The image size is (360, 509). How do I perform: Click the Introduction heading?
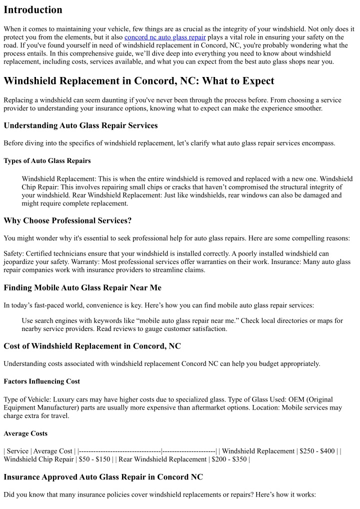point(33,10)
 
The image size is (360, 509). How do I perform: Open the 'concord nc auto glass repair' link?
point(165,37)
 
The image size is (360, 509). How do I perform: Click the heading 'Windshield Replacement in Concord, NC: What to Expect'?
point(139,80)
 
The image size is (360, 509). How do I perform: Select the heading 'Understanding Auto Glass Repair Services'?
point(80,125)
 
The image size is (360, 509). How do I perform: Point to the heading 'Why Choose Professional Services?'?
point(67,220)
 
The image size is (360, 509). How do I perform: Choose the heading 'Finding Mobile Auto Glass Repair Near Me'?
point(82,287)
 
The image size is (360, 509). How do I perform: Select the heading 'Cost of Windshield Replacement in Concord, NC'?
point(92,346)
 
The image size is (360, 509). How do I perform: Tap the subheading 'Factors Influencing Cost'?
point(41,381)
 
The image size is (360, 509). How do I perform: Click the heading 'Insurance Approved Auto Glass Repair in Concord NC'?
point(103,477)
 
